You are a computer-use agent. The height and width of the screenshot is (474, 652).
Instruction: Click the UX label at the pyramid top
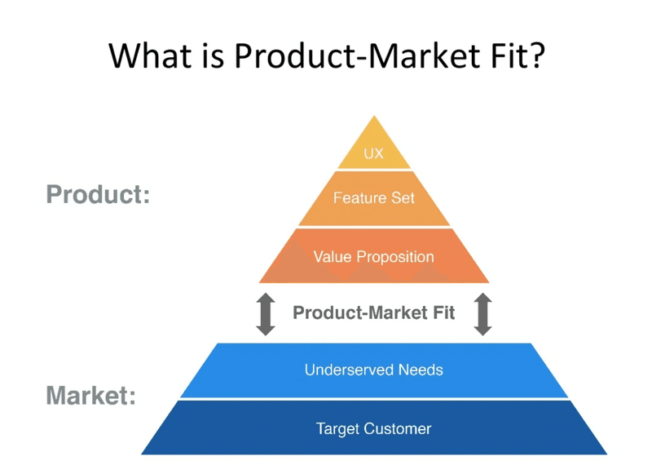pos(373,153)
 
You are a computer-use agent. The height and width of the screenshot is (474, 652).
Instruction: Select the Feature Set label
pos(374,197)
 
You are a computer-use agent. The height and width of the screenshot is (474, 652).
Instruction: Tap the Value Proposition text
pos(373,257)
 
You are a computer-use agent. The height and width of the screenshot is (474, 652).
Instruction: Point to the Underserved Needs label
pos(374,370)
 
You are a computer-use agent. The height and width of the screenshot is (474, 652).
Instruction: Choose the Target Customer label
pos(373,428)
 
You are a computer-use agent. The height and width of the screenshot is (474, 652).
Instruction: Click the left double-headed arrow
pos(266,314)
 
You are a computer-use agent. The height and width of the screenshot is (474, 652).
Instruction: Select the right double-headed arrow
pos(482,314)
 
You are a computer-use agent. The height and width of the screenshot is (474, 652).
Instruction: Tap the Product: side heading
pos(98,194)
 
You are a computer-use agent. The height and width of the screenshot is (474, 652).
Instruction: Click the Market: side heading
pos(91,395)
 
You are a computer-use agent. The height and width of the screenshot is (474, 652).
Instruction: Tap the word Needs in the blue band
pos(421,370)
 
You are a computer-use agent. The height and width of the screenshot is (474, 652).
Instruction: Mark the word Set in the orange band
pos(403,197)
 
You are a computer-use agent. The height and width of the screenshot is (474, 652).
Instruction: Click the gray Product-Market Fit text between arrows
pos(373,313)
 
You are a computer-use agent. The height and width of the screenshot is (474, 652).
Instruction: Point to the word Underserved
pos(350,370)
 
